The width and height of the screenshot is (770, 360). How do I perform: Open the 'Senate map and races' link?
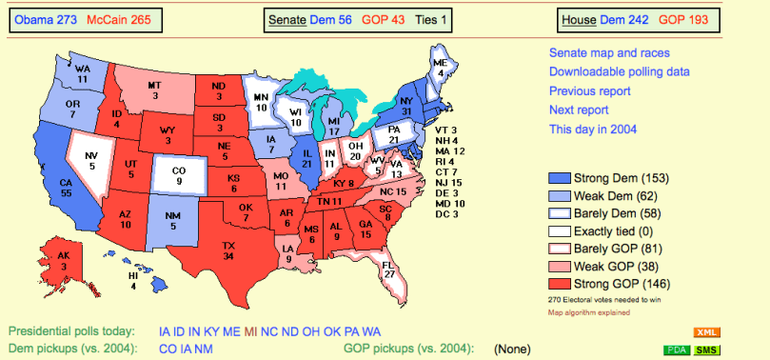click(x=609, y=52)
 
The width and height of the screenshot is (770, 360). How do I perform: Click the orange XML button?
click(x=705, y=332)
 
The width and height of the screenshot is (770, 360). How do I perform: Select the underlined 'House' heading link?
click(x=579, y=19)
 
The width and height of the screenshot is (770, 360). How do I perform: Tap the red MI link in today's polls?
click(x=251, y=331)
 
